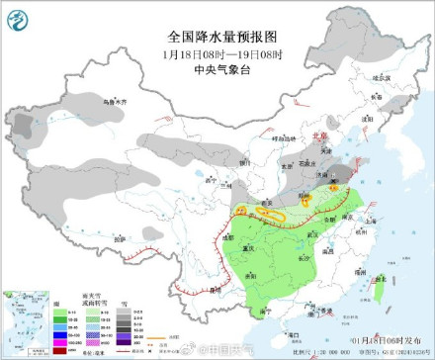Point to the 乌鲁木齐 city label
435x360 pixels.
(x=118, y=100)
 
